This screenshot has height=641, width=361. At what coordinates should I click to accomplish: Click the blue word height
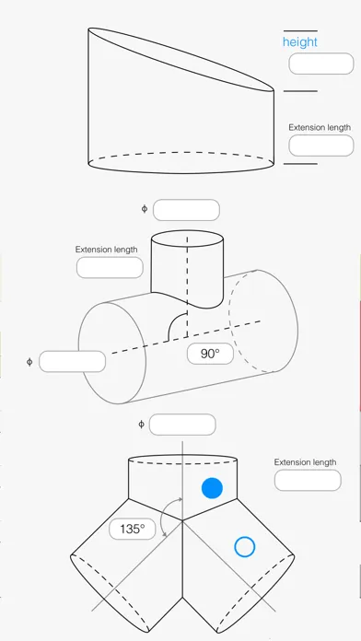coord(299,42)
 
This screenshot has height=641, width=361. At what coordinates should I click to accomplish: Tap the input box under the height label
coord(320,64)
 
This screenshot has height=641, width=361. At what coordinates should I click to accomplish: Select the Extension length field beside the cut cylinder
coord(320,146)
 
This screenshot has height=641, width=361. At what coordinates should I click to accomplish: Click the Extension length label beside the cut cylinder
coord(320,127)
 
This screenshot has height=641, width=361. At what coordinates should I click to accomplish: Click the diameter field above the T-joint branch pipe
coord(186,210)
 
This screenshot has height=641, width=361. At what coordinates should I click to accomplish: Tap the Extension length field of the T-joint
coord(110,268)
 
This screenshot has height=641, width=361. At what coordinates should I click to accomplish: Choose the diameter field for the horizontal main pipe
coord(73,361)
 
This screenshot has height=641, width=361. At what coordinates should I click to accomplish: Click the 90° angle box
coord(210,354)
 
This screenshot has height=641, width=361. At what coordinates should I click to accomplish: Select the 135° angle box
coord(133,529)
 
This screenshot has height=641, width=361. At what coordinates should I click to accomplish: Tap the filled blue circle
coord(212,488)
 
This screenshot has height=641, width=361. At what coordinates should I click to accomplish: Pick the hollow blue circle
coord(244,547)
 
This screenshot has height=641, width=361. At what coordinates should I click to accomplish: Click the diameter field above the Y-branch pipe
coord(182,425)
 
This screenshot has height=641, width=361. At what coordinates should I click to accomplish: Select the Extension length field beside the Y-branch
coord(308,481)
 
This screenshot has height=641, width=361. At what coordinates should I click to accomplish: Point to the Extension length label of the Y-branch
coord(305,462)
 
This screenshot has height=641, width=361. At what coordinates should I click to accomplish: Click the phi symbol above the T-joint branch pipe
coord(145,209)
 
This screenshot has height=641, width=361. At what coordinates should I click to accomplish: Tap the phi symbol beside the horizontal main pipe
coord(29,362)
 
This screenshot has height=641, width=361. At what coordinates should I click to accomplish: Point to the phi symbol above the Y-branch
coord(141,425)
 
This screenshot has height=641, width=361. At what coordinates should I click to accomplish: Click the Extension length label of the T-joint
coord(106,250)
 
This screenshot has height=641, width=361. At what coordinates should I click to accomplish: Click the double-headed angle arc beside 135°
coord(162,516)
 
